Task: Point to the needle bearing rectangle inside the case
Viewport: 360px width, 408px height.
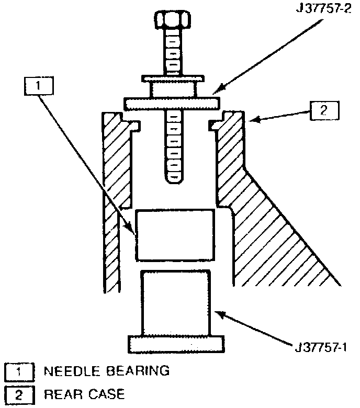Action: pyautogui.click(x=175, y=235)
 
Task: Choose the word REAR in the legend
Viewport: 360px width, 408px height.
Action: pyautogui.click(x=60, y=393)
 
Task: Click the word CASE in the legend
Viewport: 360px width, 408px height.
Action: pyautogui.click(x=105, y=393)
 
